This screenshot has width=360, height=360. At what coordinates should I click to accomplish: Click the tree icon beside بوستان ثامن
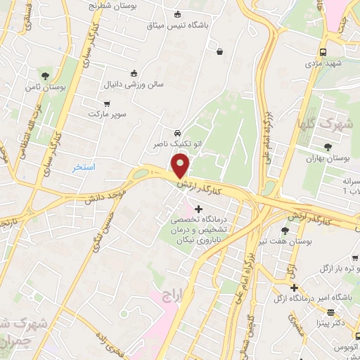click(46, 75)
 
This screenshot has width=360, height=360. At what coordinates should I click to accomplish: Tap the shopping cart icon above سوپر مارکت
click(106, 103)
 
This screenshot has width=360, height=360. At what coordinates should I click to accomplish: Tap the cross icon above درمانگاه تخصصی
click(198, 208)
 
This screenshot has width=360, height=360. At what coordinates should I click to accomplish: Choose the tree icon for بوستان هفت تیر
click(284, 230)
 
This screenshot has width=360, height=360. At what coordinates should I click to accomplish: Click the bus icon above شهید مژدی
click(323, 52)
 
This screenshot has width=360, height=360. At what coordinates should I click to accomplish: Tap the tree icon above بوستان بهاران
click(328, 147)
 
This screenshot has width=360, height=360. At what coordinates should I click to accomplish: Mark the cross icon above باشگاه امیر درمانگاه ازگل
click(295, 288)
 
